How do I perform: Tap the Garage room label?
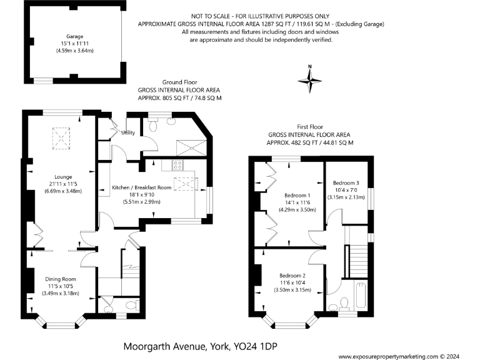(x=75, y=37)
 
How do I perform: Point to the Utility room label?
(x=129, y=132)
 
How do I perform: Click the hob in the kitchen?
(x=177, y=166)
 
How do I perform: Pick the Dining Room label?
(x=59, y=279)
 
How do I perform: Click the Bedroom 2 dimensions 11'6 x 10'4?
(x=292, y=282)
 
